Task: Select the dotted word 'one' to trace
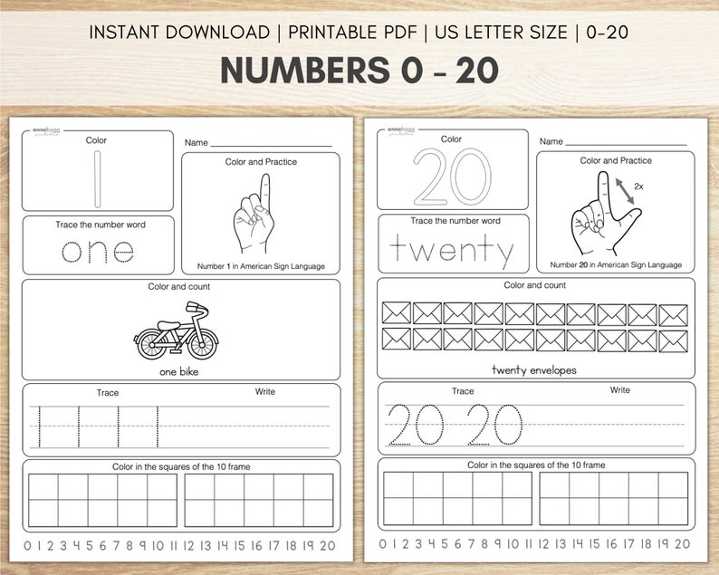tap(97, 250)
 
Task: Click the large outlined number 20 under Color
tap(452, 177)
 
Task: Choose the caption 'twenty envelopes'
tap(534, 369)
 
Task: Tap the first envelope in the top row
tap(396, 313)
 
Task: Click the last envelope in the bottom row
tap(673, 340)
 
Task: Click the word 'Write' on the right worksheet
tap(619, 390)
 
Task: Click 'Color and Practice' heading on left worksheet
tap(261, 162)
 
